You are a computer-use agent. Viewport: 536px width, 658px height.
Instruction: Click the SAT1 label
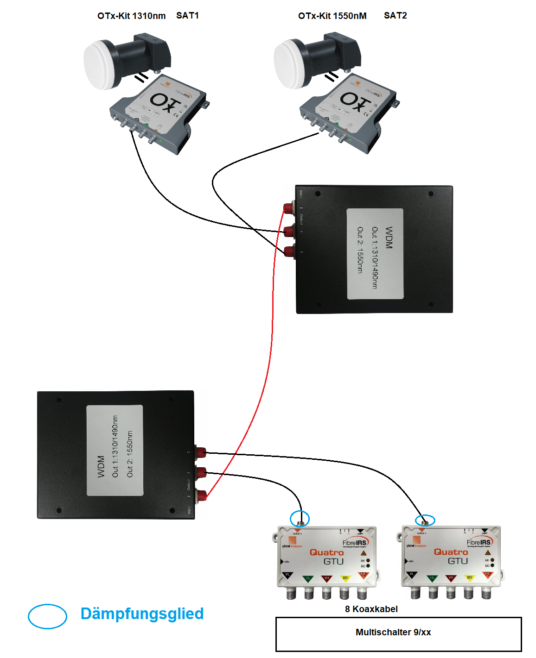click(187, 15)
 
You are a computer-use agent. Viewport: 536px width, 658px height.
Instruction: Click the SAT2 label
click(395, 15)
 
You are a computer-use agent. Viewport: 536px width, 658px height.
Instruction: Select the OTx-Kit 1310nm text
click(131, 16)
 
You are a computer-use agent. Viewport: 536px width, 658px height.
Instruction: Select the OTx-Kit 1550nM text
click(332, 16)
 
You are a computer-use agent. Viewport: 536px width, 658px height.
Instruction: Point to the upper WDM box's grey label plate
click(375, 254)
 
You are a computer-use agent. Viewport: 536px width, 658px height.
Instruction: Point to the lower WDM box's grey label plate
click(115, 450)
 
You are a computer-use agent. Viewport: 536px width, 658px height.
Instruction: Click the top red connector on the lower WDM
click(201, 452)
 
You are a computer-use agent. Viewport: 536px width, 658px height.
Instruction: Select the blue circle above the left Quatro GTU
click(300, 518)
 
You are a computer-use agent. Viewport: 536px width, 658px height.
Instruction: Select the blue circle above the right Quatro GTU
click(425, 520)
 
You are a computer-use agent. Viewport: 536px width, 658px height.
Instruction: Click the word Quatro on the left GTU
click(326, 552)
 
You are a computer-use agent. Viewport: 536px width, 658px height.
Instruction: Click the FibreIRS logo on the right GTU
click(479, 542)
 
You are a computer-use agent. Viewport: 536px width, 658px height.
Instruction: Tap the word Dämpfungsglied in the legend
click(142, 614)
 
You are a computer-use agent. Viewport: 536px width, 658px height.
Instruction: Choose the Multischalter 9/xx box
click(398, 633)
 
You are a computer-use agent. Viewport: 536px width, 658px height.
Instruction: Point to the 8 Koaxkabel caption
click(371, 609)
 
